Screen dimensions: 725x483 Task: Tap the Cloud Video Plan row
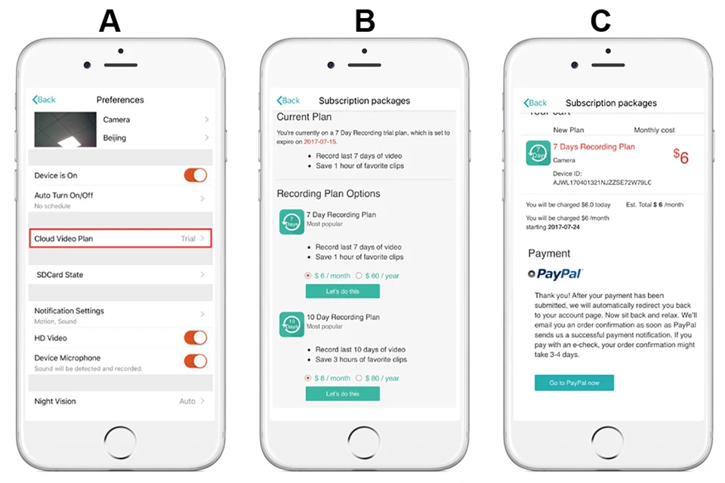120,238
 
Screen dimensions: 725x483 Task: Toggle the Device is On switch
196,175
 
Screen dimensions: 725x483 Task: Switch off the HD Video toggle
196,338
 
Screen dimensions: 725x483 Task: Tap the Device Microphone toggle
196,361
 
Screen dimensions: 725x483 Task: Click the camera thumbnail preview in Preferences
65,129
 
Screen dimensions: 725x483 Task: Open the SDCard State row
120,275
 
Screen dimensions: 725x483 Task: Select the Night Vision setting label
55,401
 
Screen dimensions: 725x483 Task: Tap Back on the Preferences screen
44,100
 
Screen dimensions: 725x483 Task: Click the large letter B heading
365,21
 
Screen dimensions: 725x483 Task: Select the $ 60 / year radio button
359,275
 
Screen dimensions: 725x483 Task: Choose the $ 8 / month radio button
308,378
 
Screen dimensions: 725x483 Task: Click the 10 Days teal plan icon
292,324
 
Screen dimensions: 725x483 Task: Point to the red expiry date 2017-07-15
320,142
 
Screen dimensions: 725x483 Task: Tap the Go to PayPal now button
574,383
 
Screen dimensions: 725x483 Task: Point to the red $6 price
681,156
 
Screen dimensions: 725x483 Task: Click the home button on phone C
607,442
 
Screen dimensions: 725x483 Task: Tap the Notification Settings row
120,315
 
